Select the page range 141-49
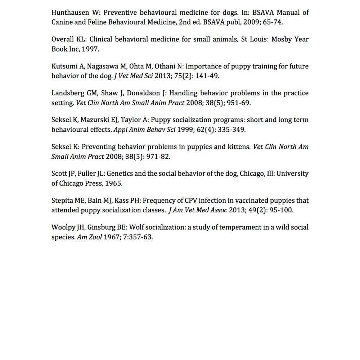click(x=206, y=76)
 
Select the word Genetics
click(x=120, y=174)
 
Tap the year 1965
click(x=114, y=183)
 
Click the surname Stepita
click(x=63, y=201)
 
